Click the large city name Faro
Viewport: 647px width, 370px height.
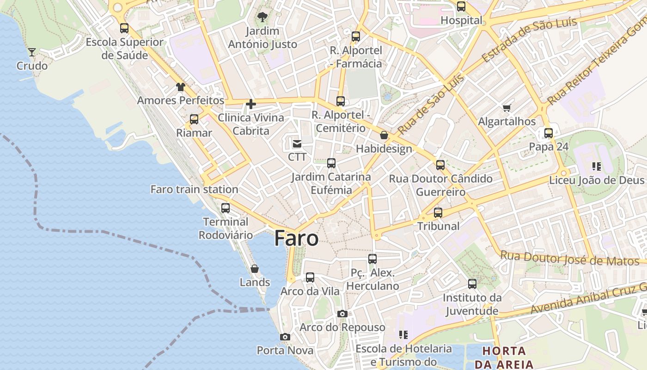296,239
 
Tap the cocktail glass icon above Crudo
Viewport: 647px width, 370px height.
32,52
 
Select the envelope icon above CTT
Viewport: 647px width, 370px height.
297,144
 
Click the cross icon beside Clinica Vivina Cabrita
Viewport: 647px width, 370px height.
251,105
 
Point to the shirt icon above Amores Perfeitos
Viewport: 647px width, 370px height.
180,87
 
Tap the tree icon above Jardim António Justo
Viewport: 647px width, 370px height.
262,18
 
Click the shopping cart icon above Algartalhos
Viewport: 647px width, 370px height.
507,108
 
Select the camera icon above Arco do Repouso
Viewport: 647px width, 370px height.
342,314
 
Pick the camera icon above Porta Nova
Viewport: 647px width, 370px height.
285,337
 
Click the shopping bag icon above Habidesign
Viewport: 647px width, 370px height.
384,135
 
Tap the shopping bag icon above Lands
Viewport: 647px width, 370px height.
255,269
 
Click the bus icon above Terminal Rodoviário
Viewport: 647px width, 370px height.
226,208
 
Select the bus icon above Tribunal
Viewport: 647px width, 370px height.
438,213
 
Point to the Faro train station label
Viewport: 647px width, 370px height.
194,189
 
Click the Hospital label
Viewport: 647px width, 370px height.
461,20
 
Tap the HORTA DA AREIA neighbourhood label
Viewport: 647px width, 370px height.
504,358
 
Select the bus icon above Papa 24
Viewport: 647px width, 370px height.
549,133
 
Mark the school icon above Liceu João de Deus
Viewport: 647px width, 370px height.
596,166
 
